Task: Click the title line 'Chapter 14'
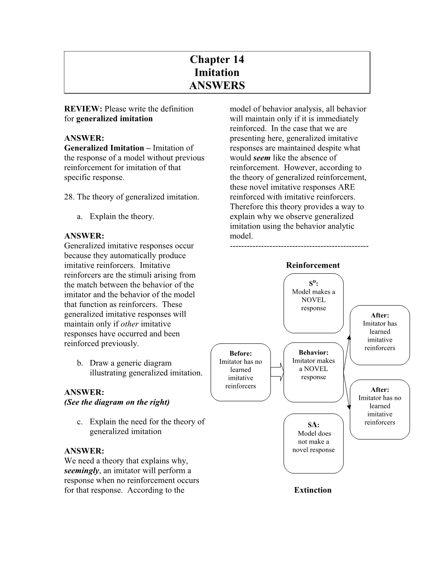pos(217,59)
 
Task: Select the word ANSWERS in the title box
pos(217,85)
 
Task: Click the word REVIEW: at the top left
pos(83,109)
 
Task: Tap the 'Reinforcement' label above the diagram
pos(313,265)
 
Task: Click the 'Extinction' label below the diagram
pos(313,490)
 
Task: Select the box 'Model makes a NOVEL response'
pos(313,304)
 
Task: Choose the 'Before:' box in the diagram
pos(240,372)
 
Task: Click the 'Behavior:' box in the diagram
pos(313,372)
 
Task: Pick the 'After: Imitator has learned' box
pos(380,335)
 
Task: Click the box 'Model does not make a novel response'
pos(313,443)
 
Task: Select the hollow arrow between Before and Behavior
pos(277,372)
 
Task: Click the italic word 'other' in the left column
pos(130,324)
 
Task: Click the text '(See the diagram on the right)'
pos(117,402)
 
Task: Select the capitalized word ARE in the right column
pos(348,187)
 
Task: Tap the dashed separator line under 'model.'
pos(299,246)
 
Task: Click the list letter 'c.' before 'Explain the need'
pos(80,422)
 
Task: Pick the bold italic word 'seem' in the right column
pos(262,158)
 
